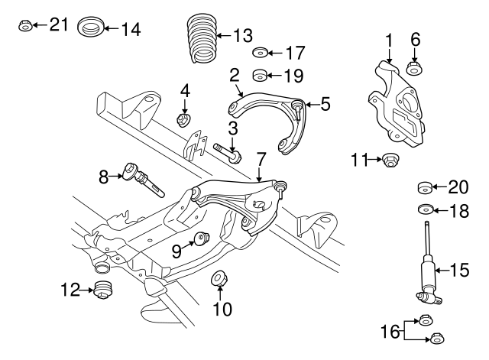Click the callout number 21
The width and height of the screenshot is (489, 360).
point(59,24)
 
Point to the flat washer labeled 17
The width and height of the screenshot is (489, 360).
point(260,54)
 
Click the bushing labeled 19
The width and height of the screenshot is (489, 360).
point(260,76)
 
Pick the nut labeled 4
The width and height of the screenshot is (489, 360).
point(183,119)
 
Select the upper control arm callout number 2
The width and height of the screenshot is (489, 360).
point(235,75)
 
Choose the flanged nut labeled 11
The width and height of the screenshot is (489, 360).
point(392,161)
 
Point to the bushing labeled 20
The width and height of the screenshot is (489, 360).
point(425,187)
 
